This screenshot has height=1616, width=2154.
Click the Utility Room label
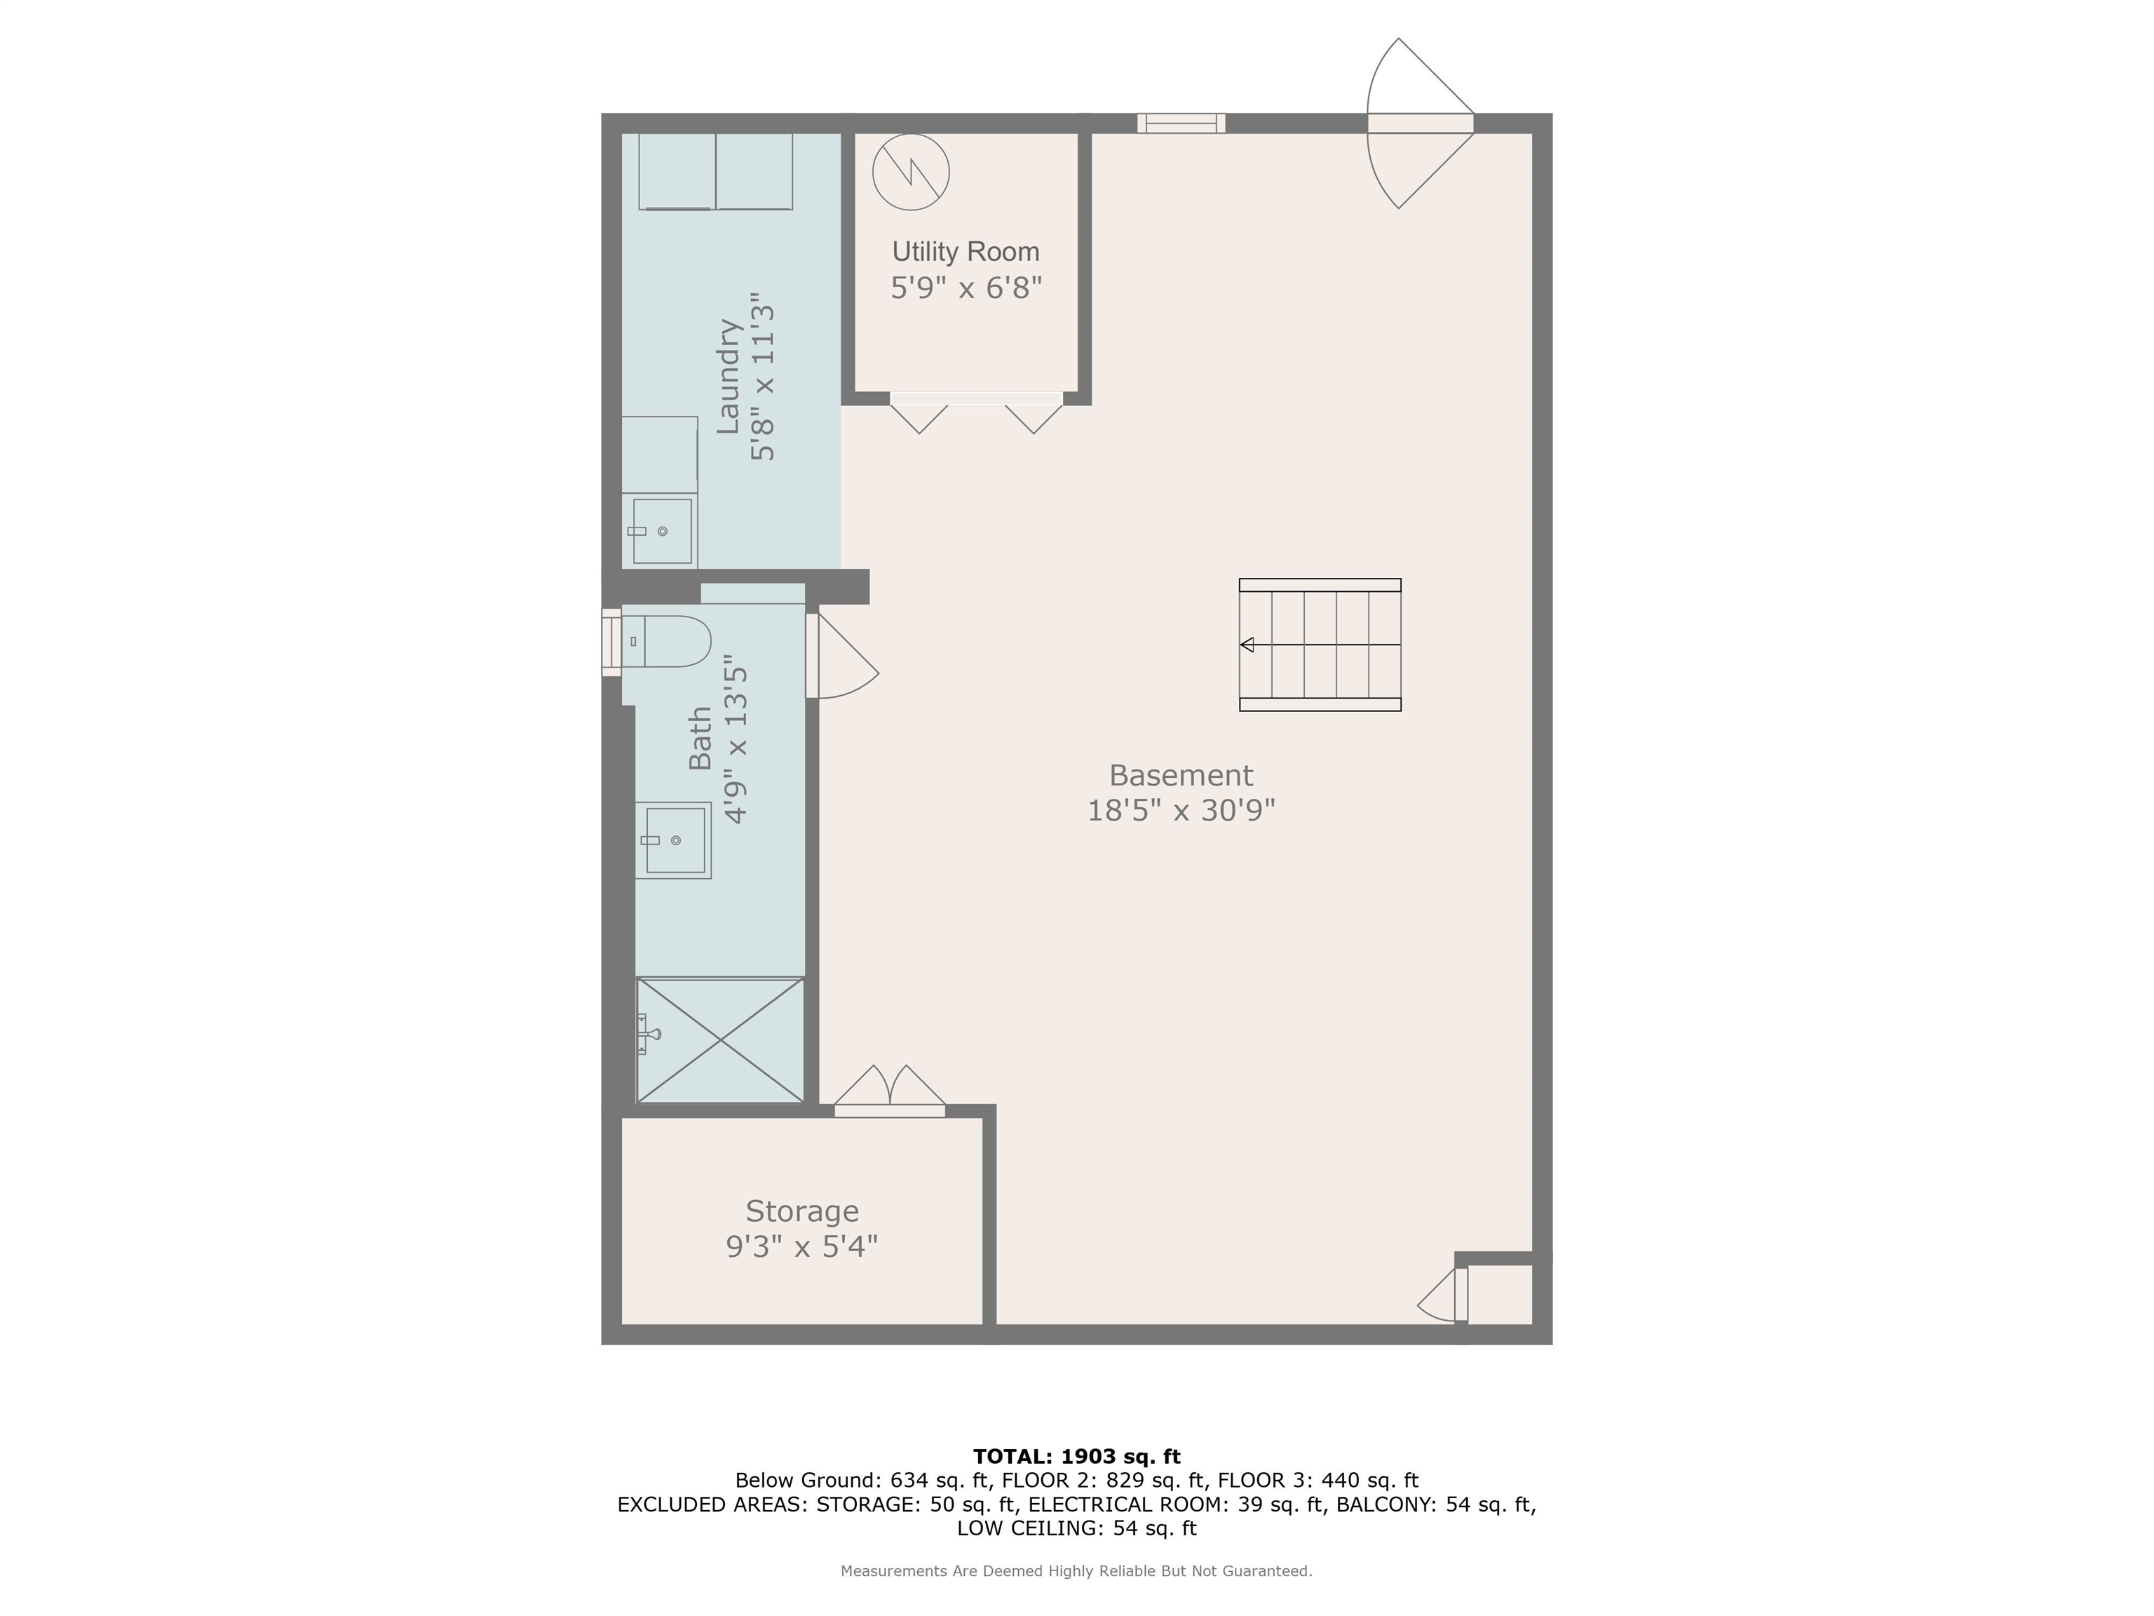[x=966, y=252]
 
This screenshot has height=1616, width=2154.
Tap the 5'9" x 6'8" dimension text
[x=966, y=288]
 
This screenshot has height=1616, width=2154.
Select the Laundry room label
[x=729, y=376]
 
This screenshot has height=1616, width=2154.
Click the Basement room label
[x=1181, y=775]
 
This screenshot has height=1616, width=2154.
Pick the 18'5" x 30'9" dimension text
[x=1181, y=810]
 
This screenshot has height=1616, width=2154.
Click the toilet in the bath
[x=666, y=641]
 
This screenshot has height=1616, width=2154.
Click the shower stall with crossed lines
[x=721, y=1040]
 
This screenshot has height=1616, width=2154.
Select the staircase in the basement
[x=1320, y=645]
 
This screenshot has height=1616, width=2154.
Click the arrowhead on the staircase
[x=1247, y=645]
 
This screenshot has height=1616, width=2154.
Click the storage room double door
[x=890, y=1091]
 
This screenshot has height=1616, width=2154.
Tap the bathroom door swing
[x=844, y=656]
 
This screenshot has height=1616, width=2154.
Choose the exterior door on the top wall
[x=1421, y=123]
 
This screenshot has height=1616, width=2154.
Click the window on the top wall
[x=1181, y=123]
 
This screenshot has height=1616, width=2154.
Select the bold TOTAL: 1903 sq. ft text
[x=1077, y=1457]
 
